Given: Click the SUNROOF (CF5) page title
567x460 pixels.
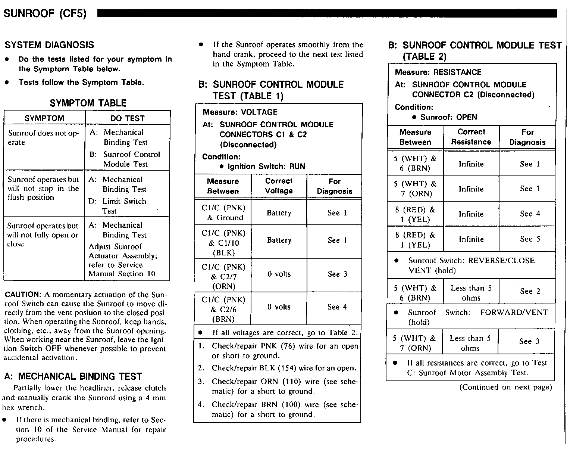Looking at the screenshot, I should click(x=45, y=14).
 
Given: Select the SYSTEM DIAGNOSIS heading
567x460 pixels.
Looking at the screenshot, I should click(x=49, y=45).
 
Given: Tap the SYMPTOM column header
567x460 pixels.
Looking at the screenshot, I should click(x=44, y=118).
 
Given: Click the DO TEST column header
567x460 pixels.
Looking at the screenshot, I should click(x=128, y=118).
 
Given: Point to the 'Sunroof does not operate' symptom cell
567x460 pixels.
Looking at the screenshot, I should click(x=44, y=137).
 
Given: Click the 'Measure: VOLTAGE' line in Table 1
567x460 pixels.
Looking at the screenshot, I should click(x=240, y=112).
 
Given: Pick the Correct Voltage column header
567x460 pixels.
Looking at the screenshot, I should click(x=279, y=186).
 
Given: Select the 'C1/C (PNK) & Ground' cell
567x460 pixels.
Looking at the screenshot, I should click(x=223, y=213).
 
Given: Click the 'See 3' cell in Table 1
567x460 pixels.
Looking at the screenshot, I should click(x=337, y=274).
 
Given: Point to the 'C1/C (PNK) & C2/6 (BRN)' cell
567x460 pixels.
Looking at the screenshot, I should click(x=223, y=309).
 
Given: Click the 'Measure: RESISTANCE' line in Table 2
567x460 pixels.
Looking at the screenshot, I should click(x=438, y=72).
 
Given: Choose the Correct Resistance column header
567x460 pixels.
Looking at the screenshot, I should click(x=471, y=137).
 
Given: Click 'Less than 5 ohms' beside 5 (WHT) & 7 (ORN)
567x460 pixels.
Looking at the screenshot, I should click(x=470, y=343).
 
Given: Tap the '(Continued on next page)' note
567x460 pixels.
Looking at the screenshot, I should click(x=505, y=387).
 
